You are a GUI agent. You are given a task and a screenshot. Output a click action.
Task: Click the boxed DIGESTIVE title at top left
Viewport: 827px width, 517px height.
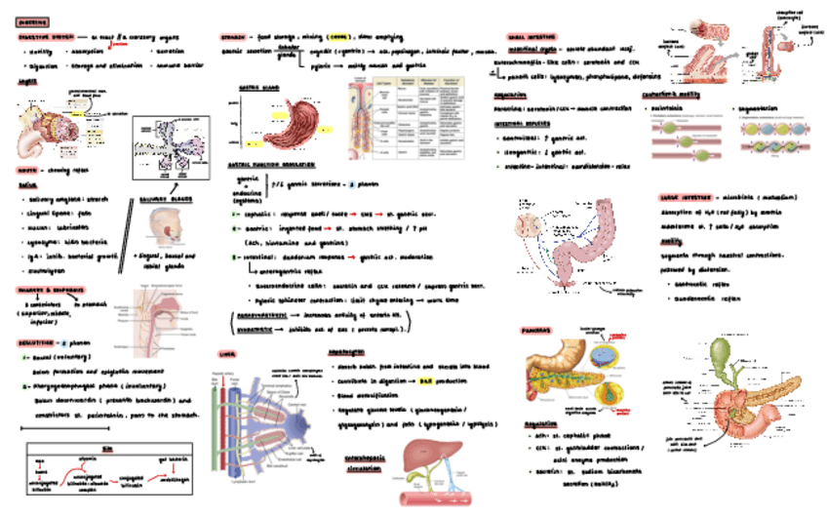tap(33, 21)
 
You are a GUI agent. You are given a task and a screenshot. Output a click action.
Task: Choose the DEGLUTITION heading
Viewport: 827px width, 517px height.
tap(39, 343)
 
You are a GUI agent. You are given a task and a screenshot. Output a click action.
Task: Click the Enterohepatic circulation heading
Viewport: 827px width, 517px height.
tap(361, 460)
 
